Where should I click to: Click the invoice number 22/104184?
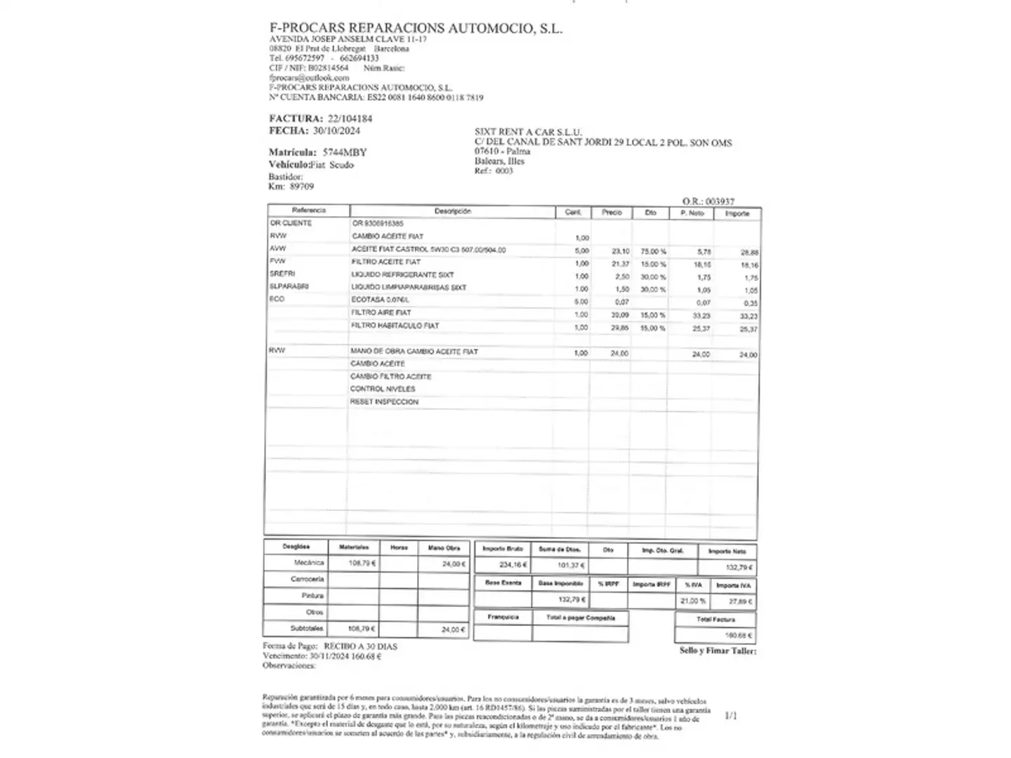coord(350,119)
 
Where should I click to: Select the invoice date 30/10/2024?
coord(336,131)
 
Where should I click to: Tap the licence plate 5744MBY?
coord(345,152)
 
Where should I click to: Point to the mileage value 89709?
coord(301,187)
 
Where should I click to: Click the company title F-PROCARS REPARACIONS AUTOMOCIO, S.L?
coord(416,28)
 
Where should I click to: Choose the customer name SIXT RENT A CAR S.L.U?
coord(528,132)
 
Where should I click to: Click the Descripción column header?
coord(453,211)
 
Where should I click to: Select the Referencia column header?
coord(309,211)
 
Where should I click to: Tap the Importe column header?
coord(737,213)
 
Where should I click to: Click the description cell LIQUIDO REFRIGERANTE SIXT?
coord(402,275)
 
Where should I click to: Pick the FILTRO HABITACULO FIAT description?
coord(395,326)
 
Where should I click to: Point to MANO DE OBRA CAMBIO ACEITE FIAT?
coord(414,351)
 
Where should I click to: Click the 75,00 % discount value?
coord(654,251)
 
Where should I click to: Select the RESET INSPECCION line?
coord(384,402)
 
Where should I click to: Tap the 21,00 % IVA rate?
coord(692,601)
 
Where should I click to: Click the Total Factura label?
coord(715,620)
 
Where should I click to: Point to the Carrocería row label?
coord(308,579)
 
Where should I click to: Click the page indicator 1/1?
coord(731,716)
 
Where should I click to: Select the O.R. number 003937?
coord(720,201)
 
